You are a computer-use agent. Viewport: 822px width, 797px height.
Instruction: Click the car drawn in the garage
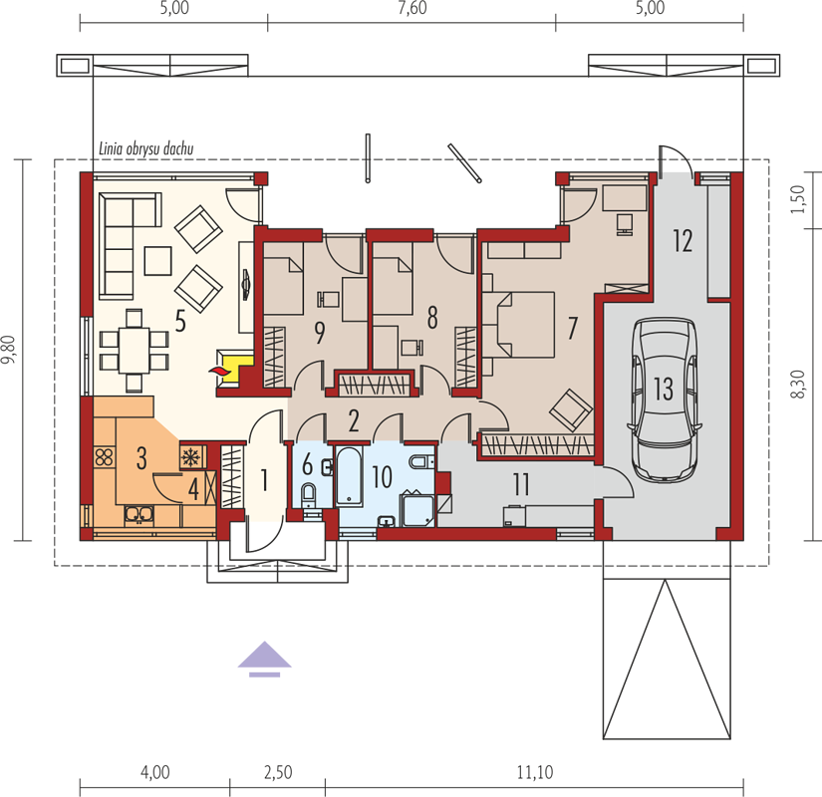pos(665,399)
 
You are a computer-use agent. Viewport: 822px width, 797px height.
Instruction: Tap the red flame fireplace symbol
pos(220,371)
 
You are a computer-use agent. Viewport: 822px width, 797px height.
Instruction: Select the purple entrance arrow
pos(264,660)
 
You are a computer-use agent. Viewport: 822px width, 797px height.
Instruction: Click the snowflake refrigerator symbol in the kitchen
pos(189,457)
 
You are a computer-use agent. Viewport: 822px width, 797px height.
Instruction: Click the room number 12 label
pos(683,241)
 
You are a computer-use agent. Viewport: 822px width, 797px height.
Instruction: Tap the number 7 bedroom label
pos(573,328)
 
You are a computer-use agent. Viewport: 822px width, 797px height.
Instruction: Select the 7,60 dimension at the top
pos(412,8)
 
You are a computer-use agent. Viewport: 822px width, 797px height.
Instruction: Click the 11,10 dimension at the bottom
pos(535,772)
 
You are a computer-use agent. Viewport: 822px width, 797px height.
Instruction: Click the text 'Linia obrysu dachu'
pos(146,148)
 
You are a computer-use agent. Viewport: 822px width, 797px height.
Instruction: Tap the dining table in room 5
pos(134,351)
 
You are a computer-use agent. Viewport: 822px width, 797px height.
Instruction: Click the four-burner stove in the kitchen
pos(105,456)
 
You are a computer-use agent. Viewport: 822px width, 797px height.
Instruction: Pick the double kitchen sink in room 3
pos(138,514)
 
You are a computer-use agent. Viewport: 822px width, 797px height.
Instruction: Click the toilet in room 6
pos(308,494)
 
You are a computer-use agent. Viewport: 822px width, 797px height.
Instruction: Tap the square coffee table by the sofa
pos(157,261)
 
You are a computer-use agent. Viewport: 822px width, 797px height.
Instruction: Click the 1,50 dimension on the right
pos(797,199)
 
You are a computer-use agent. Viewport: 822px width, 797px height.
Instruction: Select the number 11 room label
pos(521,484)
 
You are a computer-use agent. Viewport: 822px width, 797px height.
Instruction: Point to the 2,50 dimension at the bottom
pos(278,772)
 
